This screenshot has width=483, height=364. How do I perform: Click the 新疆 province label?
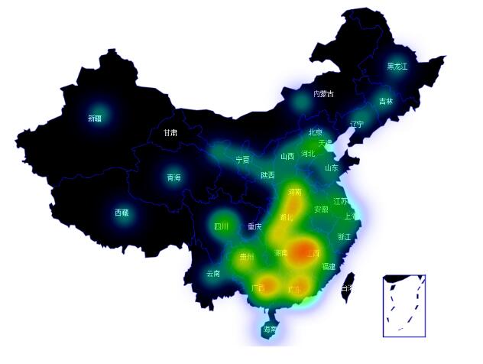[95, 119]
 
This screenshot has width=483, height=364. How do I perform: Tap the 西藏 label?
[122, 213]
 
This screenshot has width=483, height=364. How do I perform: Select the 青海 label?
[174, 178]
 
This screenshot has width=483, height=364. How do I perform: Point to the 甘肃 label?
[170, 132]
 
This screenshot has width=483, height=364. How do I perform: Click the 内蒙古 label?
[323, 94]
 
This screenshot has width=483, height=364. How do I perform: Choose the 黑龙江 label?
[397, 67]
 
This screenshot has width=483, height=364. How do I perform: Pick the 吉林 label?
[385, 101]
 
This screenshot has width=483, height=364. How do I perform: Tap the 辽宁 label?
[357, 124]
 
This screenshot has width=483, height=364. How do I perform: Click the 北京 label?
[315, 132]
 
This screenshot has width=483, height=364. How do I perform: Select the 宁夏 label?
[242, 160]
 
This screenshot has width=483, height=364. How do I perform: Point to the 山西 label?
[287, 156]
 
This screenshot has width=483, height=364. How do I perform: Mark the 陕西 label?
[267, 175]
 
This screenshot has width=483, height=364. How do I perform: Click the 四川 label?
[221, 226]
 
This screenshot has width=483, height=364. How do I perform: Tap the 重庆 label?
[254, 226]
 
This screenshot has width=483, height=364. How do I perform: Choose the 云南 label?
[213, 273]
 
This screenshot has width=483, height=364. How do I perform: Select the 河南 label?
[295, 191]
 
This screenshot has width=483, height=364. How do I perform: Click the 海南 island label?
[270, 330]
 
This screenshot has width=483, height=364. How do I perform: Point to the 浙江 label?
[345, 237]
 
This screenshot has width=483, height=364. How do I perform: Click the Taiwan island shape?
[350, 283]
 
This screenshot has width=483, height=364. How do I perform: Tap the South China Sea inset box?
[404, 306]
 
